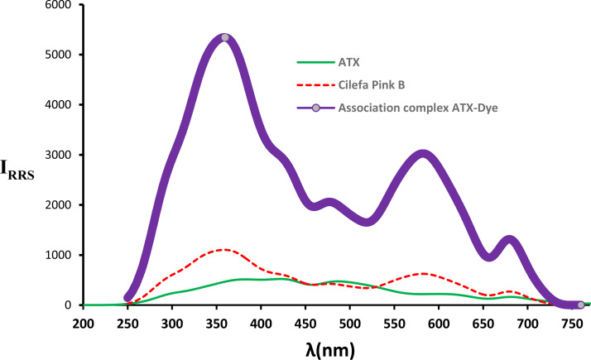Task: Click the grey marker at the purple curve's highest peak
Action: pos(225,38)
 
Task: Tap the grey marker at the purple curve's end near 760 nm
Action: pos(580,305)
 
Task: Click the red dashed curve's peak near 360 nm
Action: pos(223,249)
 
